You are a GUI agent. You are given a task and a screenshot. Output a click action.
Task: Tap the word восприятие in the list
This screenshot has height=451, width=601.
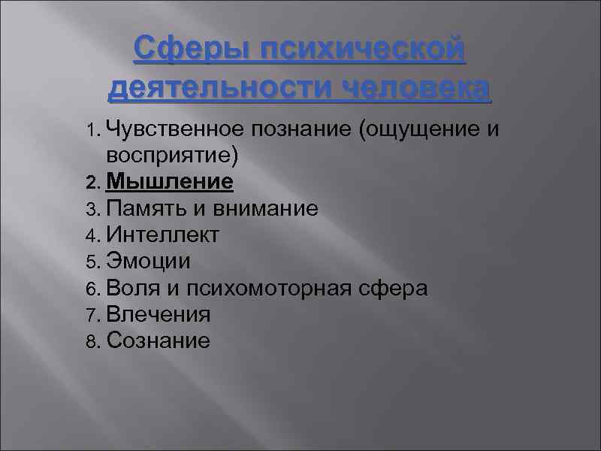[x=173, y=156]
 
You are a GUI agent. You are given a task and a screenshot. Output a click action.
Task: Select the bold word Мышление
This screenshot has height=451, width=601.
[x=170, y=182]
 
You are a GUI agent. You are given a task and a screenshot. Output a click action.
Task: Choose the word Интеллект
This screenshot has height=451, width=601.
[x=164, y=235]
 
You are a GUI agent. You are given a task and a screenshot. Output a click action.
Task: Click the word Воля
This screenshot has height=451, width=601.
[x=131, y=288]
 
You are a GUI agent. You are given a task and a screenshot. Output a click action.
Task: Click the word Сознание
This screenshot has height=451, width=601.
[x=159, y=341]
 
